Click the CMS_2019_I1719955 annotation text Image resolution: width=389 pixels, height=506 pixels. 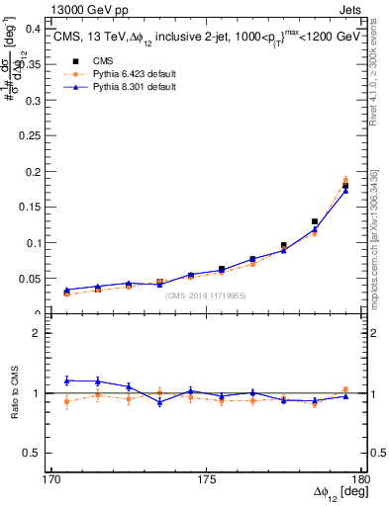click(205, 295)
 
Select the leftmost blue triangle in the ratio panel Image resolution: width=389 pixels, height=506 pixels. click(67, 380)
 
